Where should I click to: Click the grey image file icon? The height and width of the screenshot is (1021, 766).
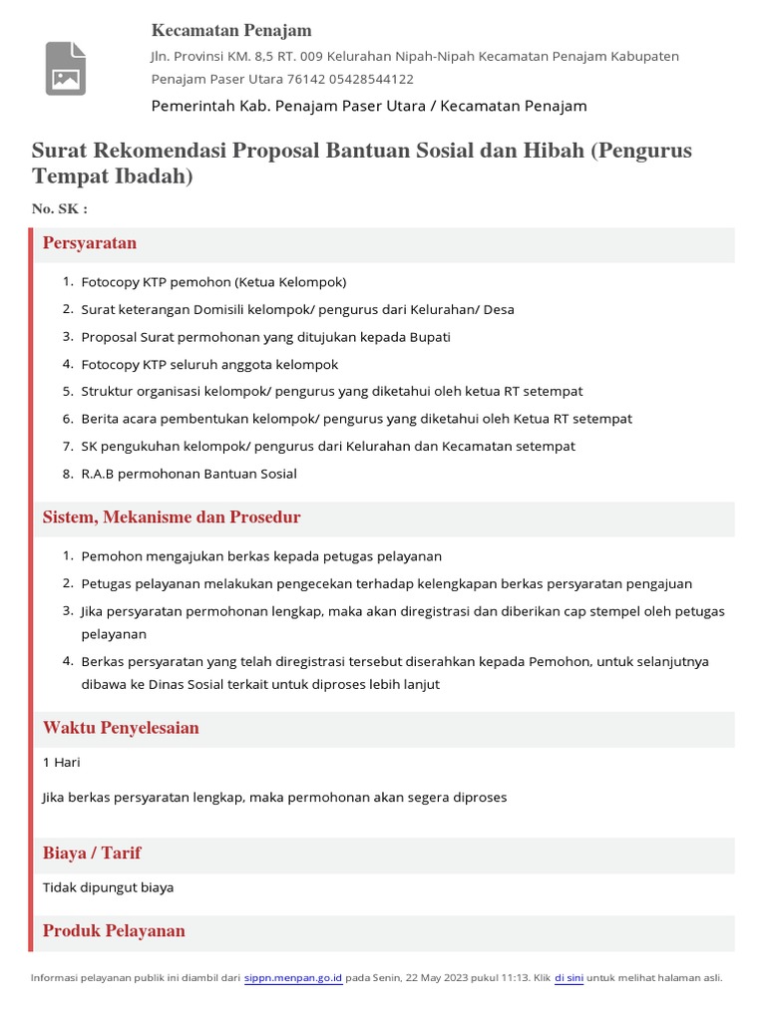(65, 69)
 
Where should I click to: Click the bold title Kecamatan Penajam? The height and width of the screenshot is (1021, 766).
(231, 31)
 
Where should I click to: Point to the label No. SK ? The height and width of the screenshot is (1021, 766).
(60, 208)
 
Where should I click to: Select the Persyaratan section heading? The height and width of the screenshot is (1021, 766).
(90, 243)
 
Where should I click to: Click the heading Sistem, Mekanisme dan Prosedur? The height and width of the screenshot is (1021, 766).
(172, 517)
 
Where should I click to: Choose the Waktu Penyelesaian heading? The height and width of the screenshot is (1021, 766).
(121, 728)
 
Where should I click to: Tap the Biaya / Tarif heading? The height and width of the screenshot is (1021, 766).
(92, 853)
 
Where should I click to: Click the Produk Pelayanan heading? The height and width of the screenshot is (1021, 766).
(114, 930)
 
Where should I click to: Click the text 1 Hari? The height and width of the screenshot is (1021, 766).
(62, 763)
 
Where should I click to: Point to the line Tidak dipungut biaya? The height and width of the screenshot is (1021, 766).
(108, 887)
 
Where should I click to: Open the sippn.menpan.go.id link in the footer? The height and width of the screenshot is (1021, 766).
(294, 978)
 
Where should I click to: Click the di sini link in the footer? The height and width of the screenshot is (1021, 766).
(569, 978)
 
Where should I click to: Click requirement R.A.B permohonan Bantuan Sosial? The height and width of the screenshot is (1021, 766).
(189, 474)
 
